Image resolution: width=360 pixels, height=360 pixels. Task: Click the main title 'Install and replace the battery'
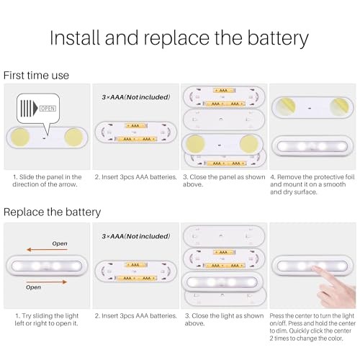click(179, 38)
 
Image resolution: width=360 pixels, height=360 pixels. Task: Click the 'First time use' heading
click(36, 76)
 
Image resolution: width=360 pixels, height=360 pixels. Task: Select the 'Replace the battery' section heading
click(52, 212)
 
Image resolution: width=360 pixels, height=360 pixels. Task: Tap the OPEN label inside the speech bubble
click(48, 109)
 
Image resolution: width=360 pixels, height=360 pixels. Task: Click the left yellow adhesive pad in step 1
click(21, 138)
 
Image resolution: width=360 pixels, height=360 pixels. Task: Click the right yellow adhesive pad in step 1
click(73, 138)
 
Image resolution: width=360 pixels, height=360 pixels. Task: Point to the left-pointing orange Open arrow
click(47, 250)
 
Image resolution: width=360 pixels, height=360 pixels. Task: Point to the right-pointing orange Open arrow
click(46, 282)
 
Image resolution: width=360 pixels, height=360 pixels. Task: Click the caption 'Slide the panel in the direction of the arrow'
click(47, 181)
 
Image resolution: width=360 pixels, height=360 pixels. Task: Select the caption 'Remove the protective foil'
click(312, 184)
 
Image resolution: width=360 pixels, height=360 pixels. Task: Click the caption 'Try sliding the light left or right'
click(47, 320)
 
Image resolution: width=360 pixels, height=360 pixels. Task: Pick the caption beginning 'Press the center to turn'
click(312, 327)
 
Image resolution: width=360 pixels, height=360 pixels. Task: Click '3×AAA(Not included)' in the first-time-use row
click(136, 97)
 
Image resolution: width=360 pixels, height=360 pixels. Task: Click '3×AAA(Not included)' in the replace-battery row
click(136, 236)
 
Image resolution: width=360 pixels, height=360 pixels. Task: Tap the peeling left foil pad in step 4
click(286, 107)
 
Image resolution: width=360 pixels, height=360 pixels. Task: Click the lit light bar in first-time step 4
click(312, 146)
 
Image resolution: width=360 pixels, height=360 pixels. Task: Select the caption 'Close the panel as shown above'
click(224, 181)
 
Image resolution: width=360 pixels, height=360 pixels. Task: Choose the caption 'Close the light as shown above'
click(224, 320)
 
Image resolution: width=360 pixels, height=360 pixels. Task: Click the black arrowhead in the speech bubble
click(35, 108)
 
